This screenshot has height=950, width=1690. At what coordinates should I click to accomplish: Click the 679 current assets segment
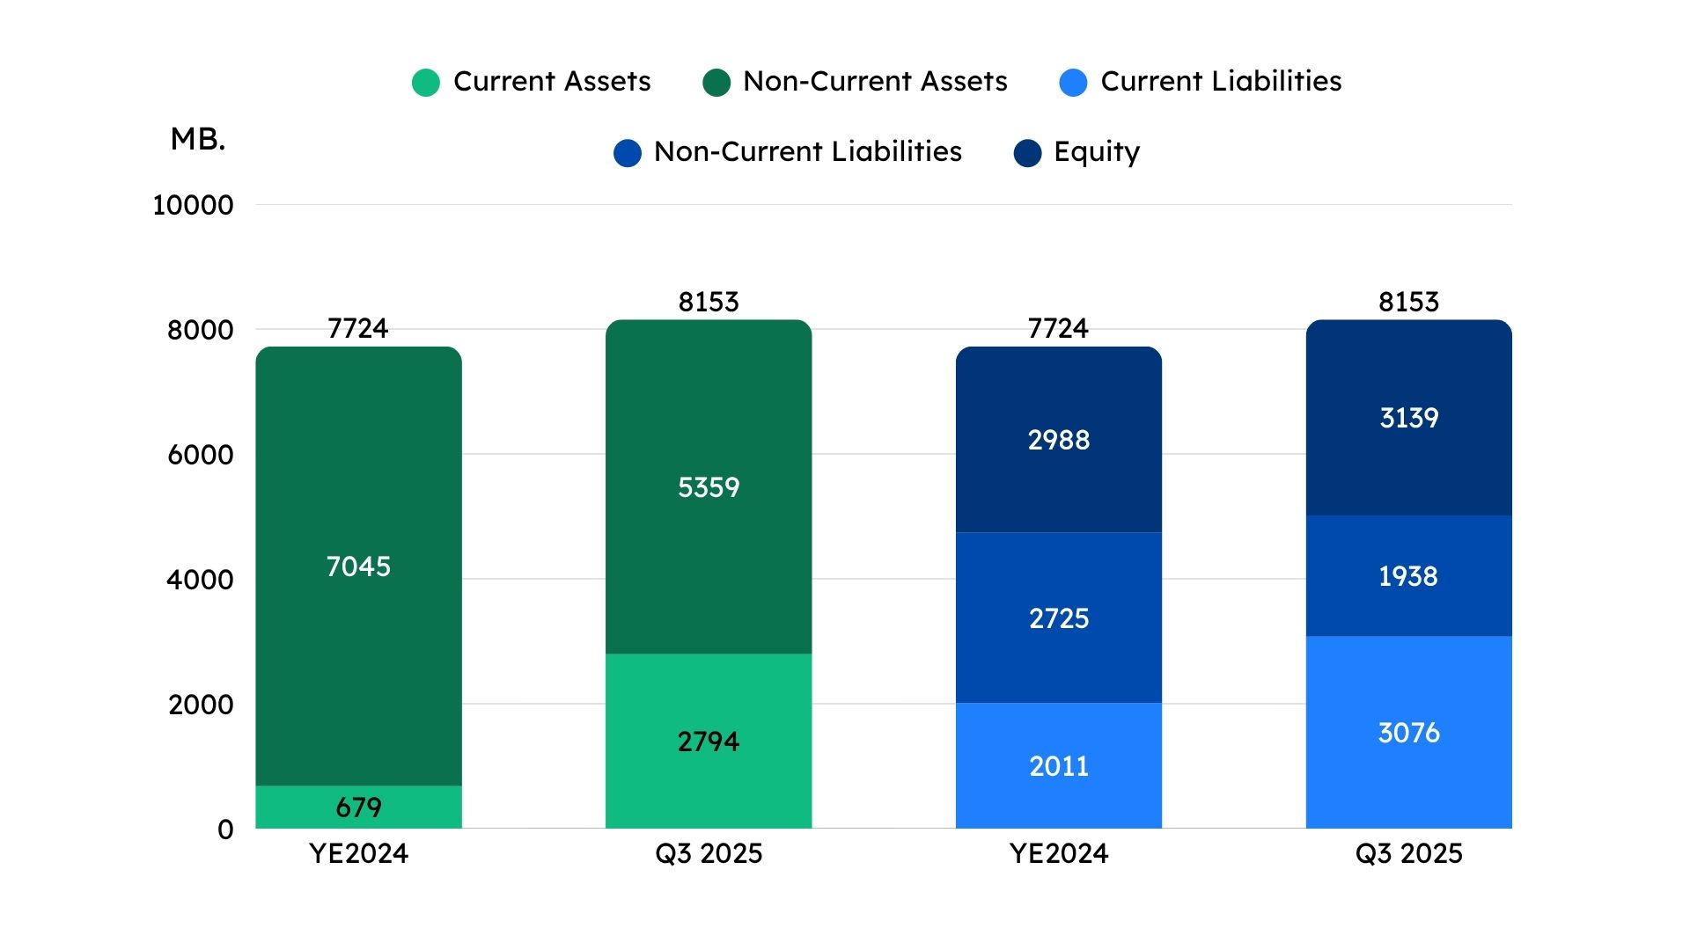(x=358, y=807)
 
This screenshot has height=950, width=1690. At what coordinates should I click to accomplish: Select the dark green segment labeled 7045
(x=358, y=566)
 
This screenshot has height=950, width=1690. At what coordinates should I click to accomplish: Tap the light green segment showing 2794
(x=709, y=741)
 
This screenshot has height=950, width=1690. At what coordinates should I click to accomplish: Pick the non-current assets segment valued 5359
(x=709, y=486)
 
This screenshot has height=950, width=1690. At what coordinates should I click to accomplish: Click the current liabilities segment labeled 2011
(x=1059, y=765)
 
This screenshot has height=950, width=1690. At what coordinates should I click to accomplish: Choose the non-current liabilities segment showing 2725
(x=1059, y=617)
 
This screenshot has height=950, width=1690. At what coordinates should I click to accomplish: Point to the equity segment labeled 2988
(x=1059, y=439)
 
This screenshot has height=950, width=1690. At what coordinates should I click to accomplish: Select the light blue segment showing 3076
(x=1409, y=732)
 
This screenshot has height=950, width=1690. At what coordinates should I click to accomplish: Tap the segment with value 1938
(x=1409, y=575)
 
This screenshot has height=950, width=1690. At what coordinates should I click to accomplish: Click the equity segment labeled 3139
(x=1409, y=417)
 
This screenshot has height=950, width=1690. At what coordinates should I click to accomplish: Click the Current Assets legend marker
(x=426, y=83)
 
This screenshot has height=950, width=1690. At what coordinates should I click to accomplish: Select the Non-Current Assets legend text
(x=875, y=81)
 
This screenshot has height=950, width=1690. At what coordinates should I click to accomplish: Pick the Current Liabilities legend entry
(x=1201, y=81)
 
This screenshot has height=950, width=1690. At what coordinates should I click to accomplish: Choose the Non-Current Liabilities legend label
(x=808, y=151)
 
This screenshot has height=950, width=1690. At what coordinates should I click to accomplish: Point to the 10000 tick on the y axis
(x=193, y=205)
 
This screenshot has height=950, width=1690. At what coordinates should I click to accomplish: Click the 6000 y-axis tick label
(x=201, y=455)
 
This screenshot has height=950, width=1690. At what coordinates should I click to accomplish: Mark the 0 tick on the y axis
(x=225, y=829)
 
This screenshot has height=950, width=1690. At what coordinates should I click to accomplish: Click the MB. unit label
(x=198, y=139)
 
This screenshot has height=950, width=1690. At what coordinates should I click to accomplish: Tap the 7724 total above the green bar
(x=357, y=328)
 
